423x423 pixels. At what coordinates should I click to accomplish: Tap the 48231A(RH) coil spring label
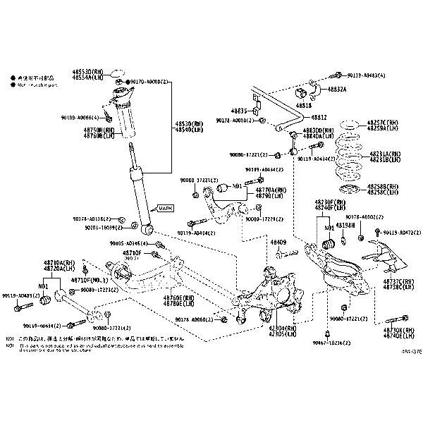coord(385,154)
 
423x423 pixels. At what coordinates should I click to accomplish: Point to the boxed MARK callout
coord(165,209)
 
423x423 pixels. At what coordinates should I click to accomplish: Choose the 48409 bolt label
coord(278,243)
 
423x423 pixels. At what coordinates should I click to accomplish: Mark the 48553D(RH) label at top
coord(87,72)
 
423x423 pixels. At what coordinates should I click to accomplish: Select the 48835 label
coord(240,111)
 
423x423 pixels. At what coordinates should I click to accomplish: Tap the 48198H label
coord(345,225)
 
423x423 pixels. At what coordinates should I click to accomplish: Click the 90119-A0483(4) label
coord(368,75)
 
